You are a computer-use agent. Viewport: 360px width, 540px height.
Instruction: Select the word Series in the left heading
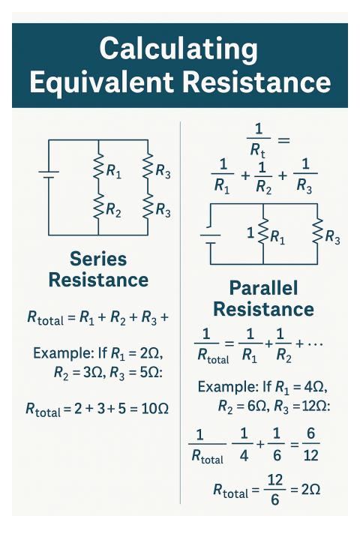98,259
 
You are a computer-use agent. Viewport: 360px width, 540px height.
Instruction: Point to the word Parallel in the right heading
262,288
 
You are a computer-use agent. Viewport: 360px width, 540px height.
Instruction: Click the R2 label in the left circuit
113,211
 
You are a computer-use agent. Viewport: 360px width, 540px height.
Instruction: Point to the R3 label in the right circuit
332,239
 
